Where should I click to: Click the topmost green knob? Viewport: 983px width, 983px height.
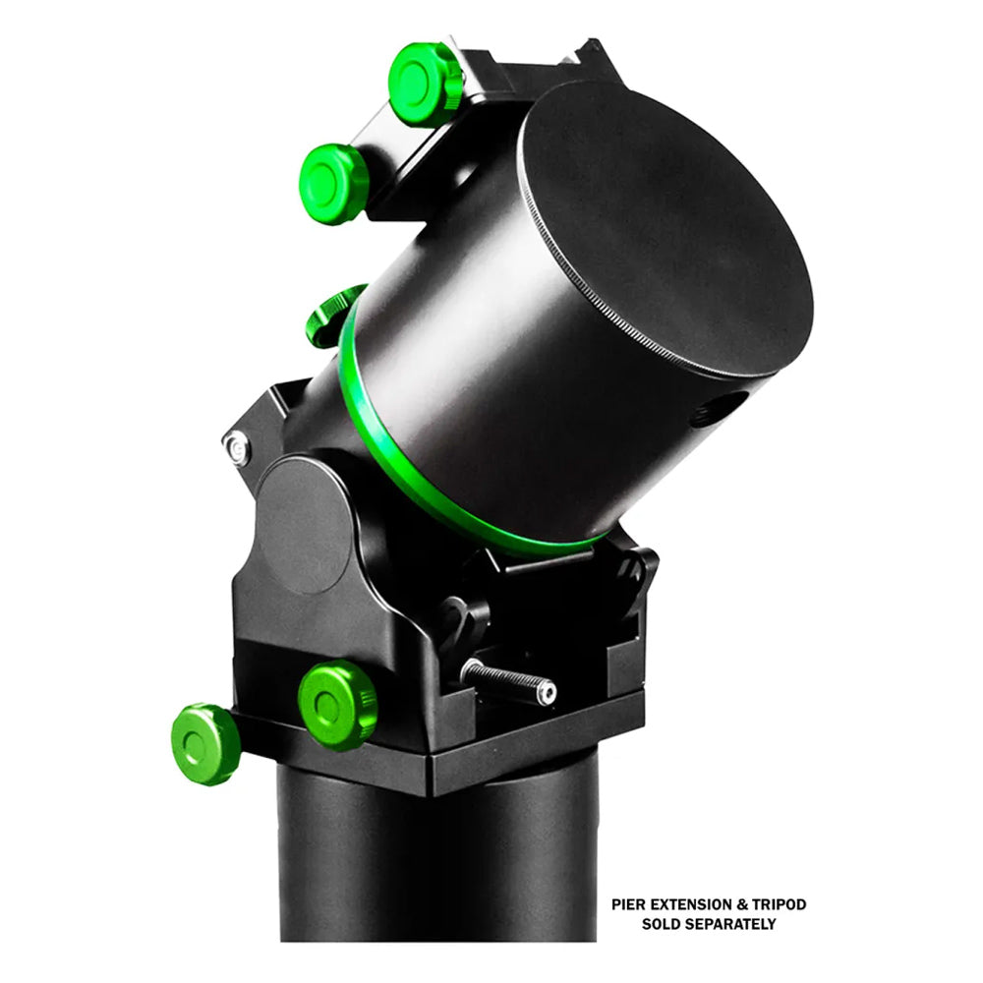coord(425,84)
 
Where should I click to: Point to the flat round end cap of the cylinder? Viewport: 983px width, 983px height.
coord(668,226)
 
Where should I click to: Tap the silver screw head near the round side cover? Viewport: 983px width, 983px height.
coord(236,448)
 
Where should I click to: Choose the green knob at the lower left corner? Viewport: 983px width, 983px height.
coord(205,744)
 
